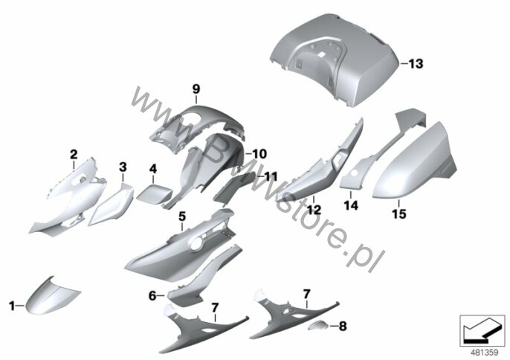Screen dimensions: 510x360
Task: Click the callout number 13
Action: coord(416,63)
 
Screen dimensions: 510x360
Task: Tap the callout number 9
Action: coord(196,89)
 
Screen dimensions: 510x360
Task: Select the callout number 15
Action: coord(399,214)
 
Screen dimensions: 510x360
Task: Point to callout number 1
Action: coord(12,306)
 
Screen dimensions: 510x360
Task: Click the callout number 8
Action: coord(343,326)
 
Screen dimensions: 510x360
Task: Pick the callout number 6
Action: coord(152,296)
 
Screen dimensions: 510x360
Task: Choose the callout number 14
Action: coord(351,205)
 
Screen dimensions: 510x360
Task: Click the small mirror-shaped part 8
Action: coord(318,325)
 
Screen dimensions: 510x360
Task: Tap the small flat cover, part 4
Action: coord(154,193)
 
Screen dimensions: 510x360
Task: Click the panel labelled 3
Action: coord(112,206)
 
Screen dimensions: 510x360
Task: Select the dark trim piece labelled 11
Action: coord(233,189)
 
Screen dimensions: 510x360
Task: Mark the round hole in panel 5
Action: coord(197,244)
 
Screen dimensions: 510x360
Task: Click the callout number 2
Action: coord(74,154)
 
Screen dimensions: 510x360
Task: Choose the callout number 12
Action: coord(314,210)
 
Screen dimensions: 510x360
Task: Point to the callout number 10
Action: coord(259,154)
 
